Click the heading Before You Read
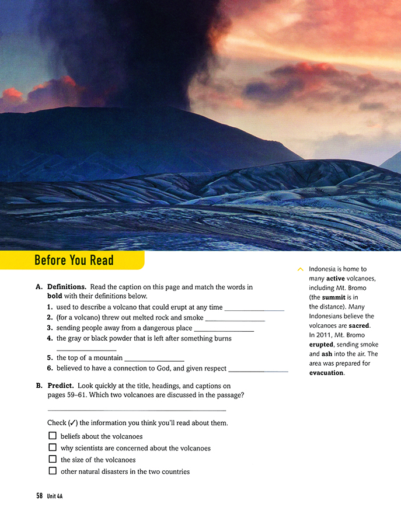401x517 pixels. click(x=74, y=260)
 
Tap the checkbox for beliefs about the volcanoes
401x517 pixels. click(x=53, y=436)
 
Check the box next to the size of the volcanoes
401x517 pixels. click(x=53, y=459)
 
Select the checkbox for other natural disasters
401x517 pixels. click(x=53, y=471)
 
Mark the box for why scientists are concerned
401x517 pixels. click(x=53, y=447)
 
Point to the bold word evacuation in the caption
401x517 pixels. click(x=326, y=373)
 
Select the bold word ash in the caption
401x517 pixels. click(x=326, y=354)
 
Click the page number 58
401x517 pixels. click(x=39, y=495)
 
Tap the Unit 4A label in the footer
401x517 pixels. click(x=55, y=495)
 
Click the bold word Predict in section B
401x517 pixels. click(x=60, y=386)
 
